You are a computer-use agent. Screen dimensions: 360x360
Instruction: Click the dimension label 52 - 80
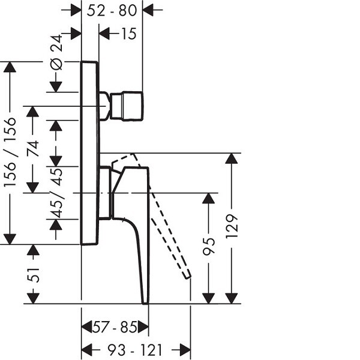tap(112, 10)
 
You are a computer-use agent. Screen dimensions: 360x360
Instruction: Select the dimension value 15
tap(128, 34)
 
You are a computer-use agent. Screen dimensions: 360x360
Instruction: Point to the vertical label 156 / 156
tap(10, 152)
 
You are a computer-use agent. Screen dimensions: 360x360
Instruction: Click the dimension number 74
tap(33, 148)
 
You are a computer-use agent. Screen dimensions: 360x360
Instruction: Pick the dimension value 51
tap(33, 275)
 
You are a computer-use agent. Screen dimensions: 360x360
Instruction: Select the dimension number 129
tap(232, 228)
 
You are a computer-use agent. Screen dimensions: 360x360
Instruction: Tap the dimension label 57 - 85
tap(115, 328)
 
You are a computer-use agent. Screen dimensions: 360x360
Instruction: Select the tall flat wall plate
tap(89, 153)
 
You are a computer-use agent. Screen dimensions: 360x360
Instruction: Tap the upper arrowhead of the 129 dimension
tap(232, 158)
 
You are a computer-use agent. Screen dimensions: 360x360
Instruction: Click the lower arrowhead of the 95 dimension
tap(209, 298)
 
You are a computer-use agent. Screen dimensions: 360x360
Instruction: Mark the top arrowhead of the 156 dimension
tap(10, 67)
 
